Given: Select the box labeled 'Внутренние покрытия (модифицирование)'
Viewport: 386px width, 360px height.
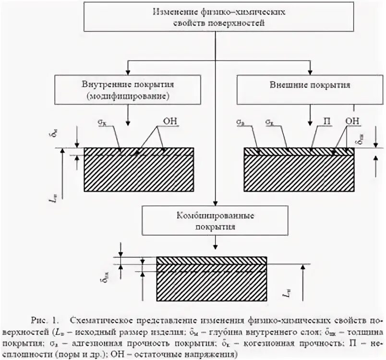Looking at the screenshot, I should coord(128,90).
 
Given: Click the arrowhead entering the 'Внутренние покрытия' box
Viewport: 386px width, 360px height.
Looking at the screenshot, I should coord(128,72).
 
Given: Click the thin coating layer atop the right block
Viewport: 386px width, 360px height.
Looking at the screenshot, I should coord(299,152).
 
